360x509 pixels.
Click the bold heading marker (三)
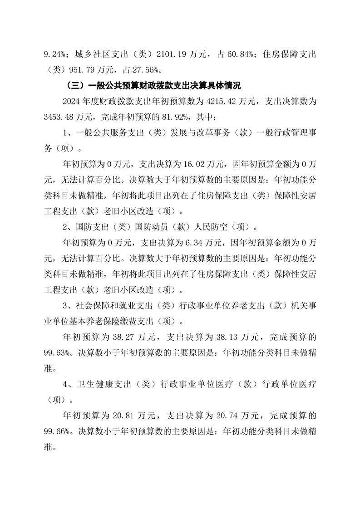click(x=75, y=85)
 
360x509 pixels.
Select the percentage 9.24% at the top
click(x=55, y=54)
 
